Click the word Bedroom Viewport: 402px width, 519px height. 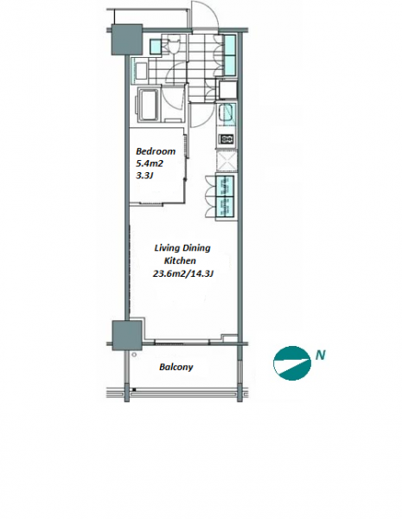point(156,151)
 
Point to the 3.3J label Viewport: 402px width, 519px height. point(144,176)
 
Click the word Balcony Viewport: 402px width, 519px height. point(176,367)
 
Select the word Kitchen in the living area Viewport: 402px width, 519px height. point(181,261)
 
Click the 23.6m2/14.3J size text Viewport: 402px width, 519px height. point(182,273)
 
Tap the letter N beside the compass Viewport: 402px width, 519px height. point(320,356)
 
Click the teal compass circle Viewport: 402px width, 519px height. point(292,363)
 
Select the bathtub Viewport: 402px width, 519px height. point(148,105)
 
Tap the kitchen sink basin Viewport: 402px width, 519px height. point(227,113)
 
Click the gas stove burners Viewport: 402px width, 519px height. point(227,139)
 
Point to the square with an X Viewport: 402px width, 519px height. point(227,161)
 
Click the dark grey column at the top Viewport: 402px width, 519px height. point(127,40)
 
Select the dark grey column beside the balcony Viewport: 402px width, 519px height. point(127,336)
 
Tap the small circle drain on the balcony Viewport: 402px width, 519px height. point(134,355)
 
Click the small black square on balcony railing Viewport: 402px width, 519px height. point(134,389)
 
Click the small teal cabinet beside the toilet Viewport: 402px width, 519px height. point(155,47)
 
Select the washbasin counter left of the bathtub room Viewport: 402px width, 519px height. point(141,71)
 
